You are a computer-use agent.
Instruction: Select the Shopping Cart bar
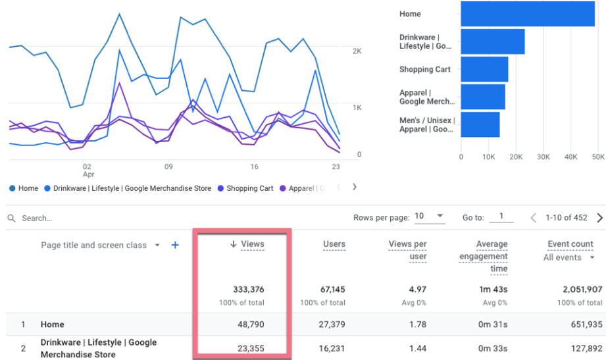[484, 69]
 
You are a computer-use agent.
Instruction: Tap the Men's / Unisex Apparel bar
[480, 124]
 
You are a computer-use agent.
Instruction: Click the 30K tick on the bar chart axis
[543, 157]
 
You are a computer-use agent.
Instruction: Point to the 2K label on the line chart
[357, 51]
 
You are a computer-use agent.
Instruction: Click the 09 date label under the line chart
[169, 167]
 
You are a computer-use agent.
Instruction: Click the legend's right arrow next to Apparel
[355, 187]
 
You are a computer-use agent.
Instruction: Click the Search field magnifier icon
[12, 218]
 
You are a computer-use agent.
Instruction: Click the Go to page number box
[501, 217]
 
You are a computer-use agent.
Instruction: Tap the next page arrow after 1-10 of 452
[599, 217]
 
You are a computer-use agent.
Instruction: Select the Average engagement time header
[484, 256]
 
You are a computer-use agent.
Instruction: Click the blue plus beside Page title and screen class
[175, 245]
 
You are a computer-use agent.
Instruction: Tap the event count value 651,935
[579, 324]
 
